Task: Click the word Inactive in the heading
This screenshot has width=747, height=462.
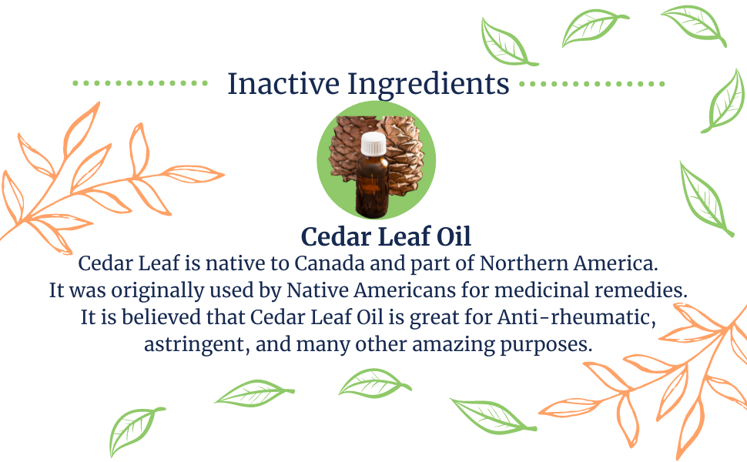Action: [x=283, y=84]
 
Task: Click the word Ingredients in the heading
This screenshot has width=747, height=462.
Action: [x=428, y=85]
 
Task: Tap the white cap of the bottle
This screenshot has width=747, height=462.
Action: [x=373, y=144]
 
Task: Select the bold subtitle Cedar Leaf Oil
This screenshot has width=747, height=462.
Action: [x=386, y=236]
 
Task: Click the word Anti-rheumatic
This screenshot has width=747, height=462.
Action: [x=577, y=318]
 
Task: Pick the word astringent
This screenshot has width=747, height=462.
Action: [x=197, y=345]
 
